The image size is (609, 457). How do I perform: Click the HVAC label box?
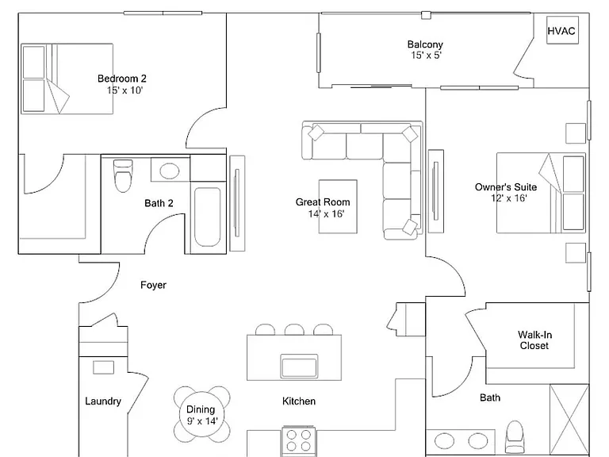tap(562, 30)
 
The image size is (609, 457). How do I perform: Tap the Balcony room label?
tap(425, 44)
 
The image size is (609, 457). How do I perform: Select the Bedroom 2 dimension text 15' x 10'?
tap(125, 90)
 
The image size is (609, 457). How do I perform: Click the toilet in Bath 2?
tap(123, 175)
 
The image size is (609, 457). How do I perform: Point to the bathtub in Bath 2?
tap(208, 217)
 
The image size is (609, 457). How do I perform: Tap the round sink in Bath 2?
tap(170, 171)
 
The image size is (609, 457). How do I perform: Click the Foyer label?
tap(153, 286)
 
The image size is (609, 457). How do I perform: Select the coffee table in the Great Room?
tap(338, 206)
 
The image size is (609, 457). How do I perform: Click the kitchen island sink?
tap(300, 366)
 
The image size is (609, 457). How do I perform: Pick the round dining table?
tap(201, 415)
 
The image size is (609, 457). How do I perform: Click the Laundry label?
tap(103, 401)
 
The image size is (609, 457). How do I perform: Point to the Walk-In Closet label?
tap(534, 340)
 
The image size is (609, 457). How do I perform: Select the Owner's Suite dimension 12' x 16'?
tap(509, 198)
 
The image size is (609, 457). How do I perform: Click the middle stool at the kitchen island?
tap(294, 329)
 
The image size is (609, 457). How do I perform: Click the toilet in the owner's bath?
tap(514, 436)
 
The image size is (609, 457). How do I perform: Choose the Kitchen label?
tap(299, 401)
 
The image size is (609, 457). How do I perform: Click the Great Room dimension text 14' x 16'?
tap(326, 213)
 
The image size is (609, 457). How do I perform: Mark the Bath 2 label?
tap(159, 203)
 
